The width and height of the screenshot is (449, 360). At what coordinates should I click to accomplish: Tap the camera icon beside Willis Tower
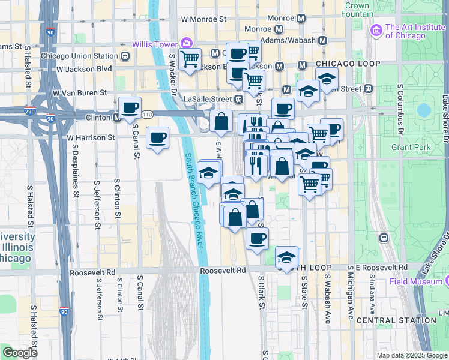click(x=187, y=43)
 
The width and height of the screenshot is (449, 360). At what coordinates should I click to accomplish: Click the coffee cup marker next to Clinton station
click(x=130, y=108)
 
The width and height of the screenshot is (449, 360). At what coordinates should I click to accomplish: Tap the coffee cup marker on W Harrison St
click(x=157, y=137)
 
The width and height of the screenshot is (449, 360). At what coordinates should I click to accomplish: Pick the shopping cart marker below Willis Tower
click(x=190, y=59)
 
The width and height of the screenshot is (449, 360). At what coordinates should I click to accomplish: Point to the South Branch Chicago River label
click(x=194, y=200)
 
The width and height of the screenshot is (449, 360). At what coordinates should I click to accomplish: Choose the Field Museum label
click(x=421, y=281)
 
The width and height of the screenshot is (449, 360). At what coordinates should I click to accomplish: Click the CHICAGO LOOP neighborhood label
click(x=348, y=64)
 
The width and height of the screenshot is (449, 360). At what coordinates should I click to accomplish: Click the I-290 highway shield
click(x=30, y=111)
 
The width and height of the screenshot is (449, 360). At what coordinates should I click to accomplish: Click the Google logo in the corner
click(x=20, y=353)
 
